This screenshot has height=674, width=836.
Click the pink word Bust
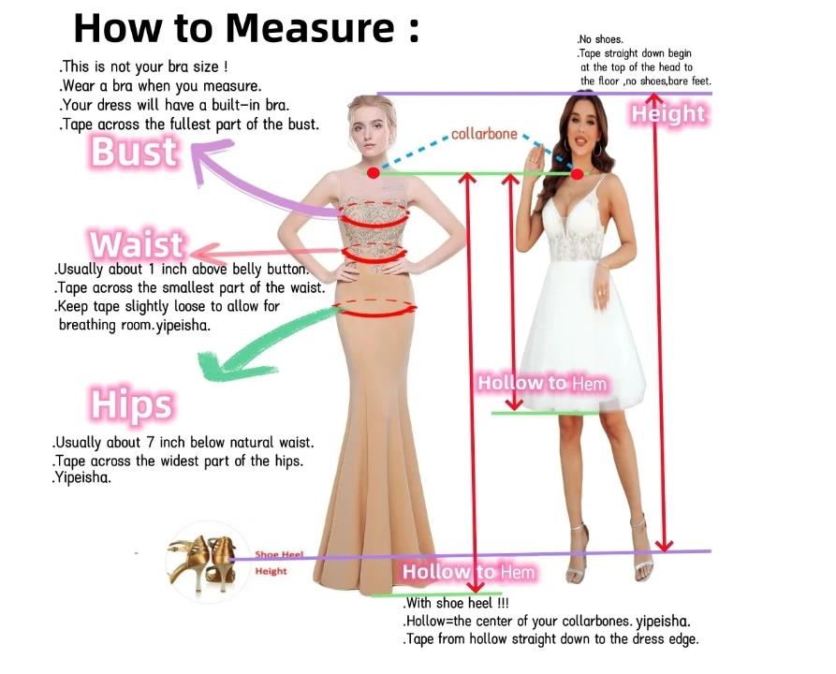tap(133, 152)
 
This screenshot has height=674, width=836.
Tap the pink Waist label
tap(137, 245)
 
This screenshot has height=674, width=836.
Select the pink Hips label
tap(132, 404)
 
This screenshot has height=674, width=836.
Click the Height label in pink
tap(667, 114)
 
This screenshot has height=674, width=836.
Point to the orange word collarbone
tap(484, 134)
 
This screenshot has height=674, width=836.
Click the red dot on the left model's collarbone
tap(374, 173)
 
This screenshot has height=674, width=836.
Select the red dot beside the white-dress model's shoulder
tap(577, 173)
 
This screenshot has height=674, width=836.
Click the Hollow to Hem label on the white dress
tap(542, 383)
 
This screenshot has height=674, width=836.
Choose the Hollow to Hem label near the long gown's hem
tap(468, 572)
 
